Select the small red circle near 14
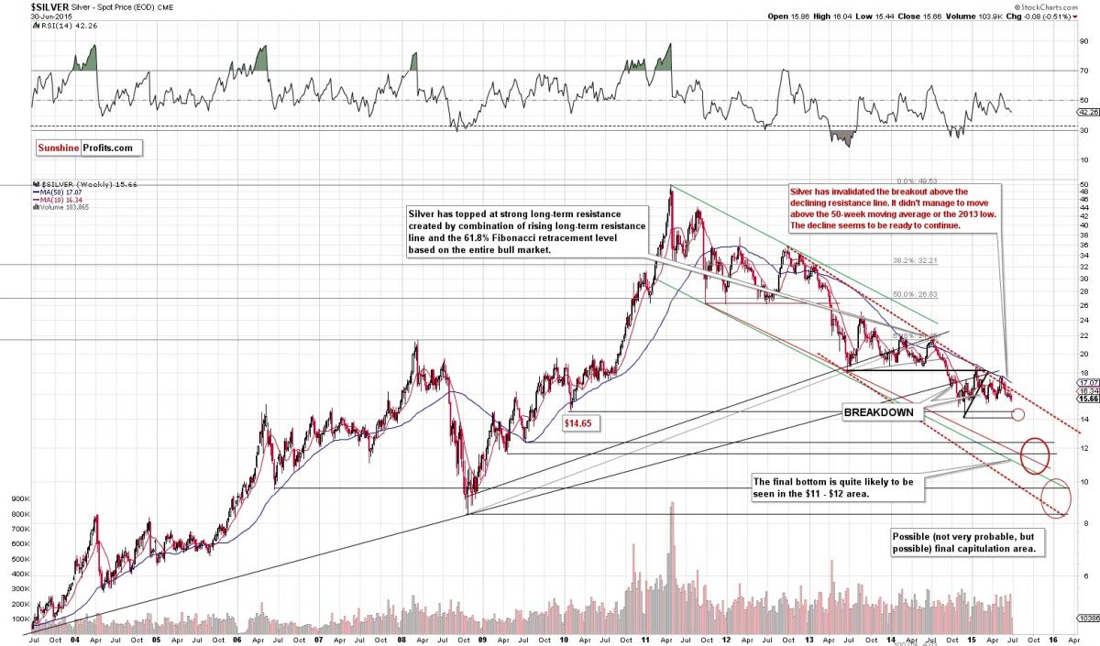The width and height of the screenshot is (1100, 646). click(x=1017, y=415)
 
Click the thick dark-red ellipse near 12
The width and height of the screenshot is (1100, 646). click(x=1035, y=455)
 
